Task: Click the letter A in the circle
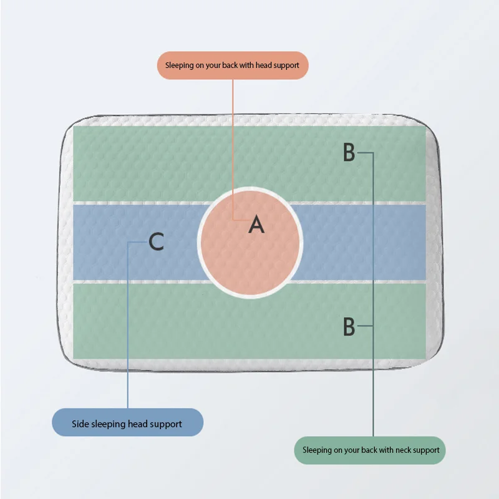point(256,225)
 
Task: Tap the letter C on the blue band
point(157,241)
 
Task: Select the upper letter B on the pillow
point(349,153)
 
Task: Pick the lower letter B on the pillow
point(349,326)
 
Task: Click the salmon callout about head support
point(232,65)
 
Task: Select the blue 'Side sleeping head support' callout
point(127,424)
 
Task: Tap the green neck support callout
point(371,450)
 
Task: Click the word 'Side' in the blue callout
point(80,424)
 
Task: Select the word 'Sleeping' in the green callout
point(318,450)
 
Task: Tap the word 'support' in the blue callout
point(165,424)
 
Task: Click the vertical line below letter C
point(128,324)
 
